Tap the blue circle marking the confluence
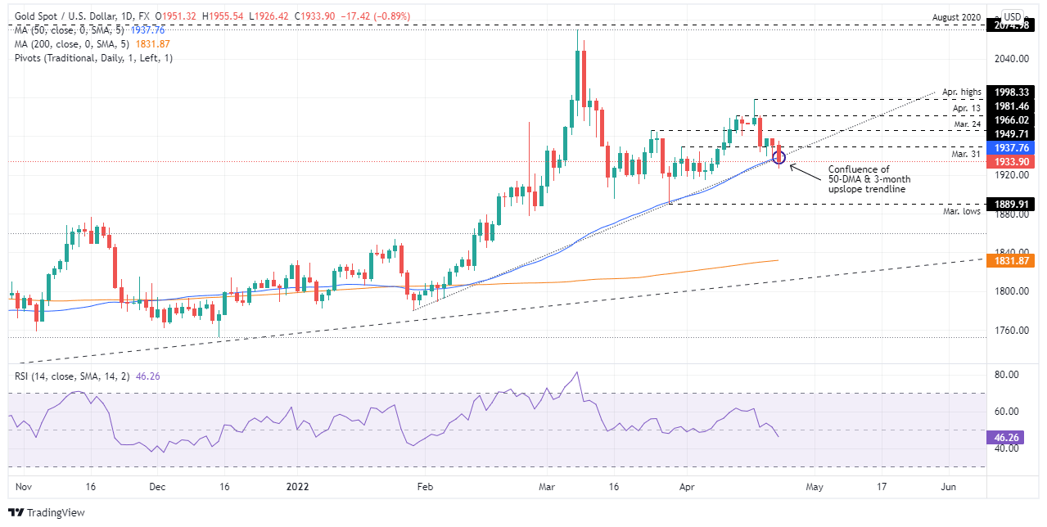click(779, 157)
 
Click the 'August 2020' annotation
click(956, 16)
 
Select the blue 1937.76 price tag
click(1011, 148)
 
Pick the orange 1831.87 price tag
click(1011, 261)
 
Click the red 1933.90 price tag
click(1011, 162)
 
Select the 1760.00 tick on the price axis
click(1011, 331)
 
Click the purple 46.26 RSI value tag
click(1007, 437)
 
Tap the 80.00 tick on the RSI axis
click(1007, 375)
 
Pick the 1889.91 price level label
click(1011, 204)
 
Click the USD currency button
click(1013, 17)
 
